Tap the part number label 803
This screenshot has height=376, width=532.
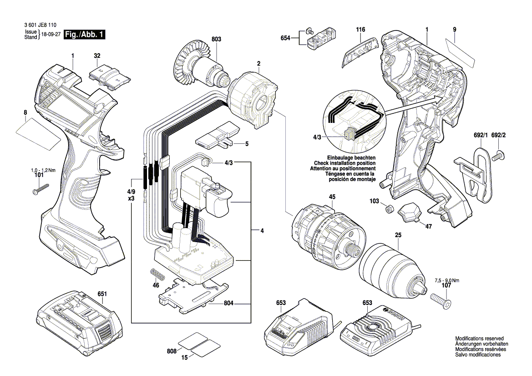216,40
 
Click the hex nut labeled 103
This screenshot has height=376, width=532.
388,209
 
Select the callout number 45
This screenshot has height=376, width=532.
332,197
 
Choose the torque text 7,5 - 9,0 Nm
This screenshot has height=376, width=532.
448,280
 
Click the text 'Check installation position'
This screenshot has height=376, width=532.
345,163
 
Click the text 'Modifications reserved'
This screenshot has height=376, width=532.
479,339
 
